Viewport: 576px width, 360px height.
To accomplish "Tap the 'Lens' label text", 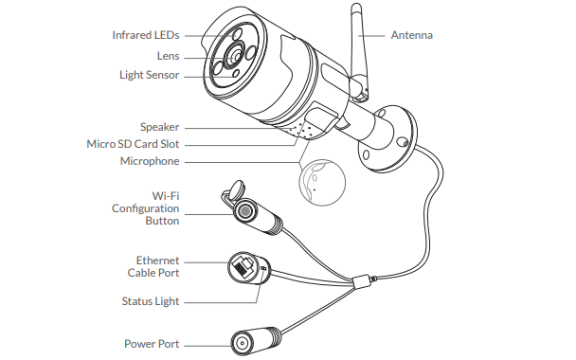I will [x=169, y=55].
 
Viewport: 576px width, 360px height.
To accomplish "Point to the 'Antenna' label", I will [x=412, y=36].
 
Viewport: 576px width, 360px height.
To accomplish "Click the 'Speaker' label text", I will [x=159, y=126].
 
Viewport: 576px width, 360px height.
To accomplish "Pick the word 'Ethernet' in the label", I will [x=157, y=260].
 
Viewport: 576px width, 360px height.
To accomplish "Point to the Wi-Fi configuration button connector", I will [x=248, y=210].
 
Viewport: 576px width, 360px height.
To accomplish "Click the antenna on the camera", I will [x=361, y=52].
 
